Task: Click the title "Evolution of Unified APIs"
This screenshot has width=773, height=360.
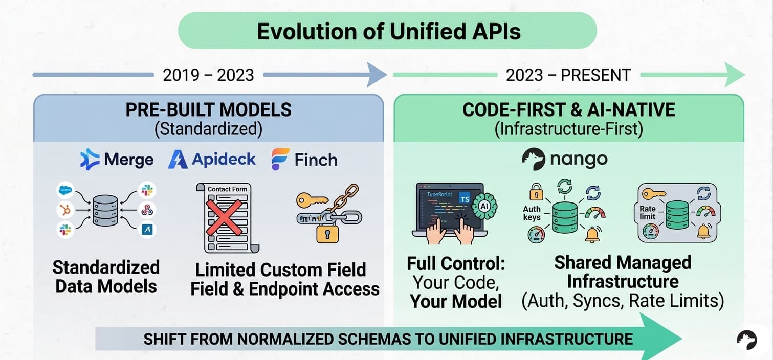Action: [x=388, y=31]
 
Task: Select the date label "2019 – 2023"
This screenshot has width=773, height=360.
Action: [x=208, y=75]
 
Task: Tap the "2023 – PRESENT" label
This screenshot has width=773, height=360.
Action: [x=568, y=75]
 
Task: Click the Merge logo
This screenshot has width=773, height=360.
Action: [x=117, y=159]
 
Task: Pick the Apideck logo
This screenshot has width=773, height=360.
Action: [x=212, y=159]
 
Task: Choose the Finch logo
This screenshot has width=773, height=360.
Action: [x=304, y=159]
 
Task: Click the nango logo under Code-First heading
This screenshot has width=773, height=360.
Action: [x=564, y=159]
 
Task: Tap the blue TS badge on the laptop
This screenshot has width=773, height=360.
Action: [x=465, y=199]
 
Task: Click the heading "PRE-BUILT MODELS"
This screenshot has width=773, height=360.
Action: [x=208, y=109]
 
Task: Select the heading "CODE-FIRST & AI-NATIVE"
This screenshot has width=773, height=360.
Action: [x=568, y=109]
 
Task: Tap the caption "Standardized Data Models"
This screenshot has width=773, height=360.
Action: [x=106, y=277]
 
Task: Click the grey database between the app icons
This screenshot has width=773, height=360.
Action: [x=105, y=210]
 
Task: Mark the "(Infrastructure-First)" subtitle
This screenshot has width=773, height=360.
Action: [x=568, y=128]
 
